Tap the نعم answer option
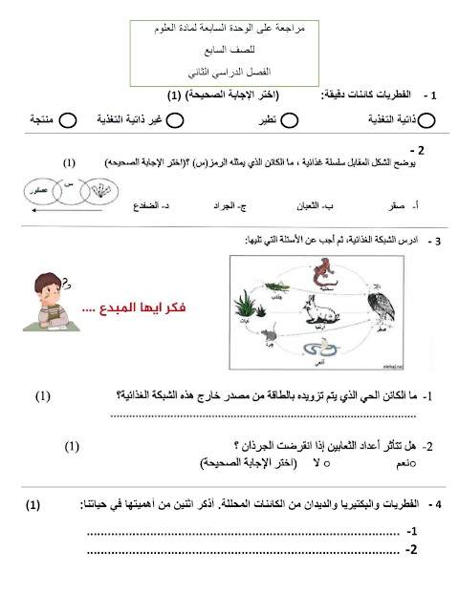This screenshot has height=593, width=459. [x=404, y=462]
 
